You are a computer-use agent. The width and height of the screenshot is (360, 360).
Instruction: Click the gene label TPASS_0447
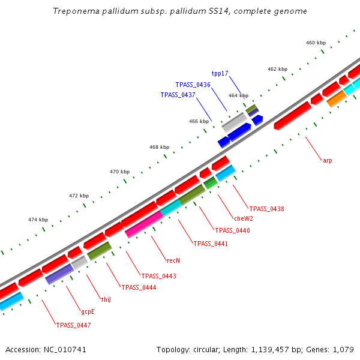[73, 325]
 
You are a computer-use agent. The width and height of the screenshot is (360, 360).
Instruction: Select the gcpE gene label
[88, 312]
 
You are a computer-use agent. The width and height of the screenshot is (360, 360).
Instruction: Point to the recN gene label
[173, 261]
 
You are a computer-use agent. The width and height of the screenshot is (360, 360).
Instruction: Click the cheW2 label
[243, 219]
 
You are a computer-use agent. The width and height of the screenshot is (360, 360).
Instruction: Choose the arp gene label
[327, 160]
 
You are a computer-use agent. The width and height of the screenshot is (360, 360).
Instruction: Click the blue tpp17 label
[220, 73]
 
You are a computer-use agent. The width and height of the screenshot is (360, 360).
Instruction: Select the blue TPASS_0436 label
[193, 85]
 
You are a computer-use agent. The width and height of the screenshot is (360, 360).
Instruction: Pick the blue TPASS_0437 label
[178, 95]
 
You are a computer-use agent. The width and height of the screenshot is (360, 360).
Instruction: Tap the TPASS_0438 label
[266, 209]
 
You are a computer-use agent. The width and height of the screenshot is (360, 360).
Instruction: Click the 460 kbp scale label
[316, 43]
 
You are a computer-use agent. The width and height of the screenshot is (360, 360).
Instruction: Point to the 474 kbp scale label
[38, 220]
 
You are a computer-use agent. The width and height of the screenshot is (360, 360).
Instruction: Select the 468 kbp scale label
[159, 147]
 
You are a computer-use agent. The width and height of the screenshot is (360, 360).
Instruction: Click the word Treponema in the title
[73, 11]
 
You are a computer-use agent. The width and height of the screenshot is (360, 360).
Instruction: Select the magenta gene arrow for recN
[143, 224]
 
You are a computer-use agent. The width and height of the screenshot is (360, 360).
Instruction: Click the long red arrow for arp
[293, 115]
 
